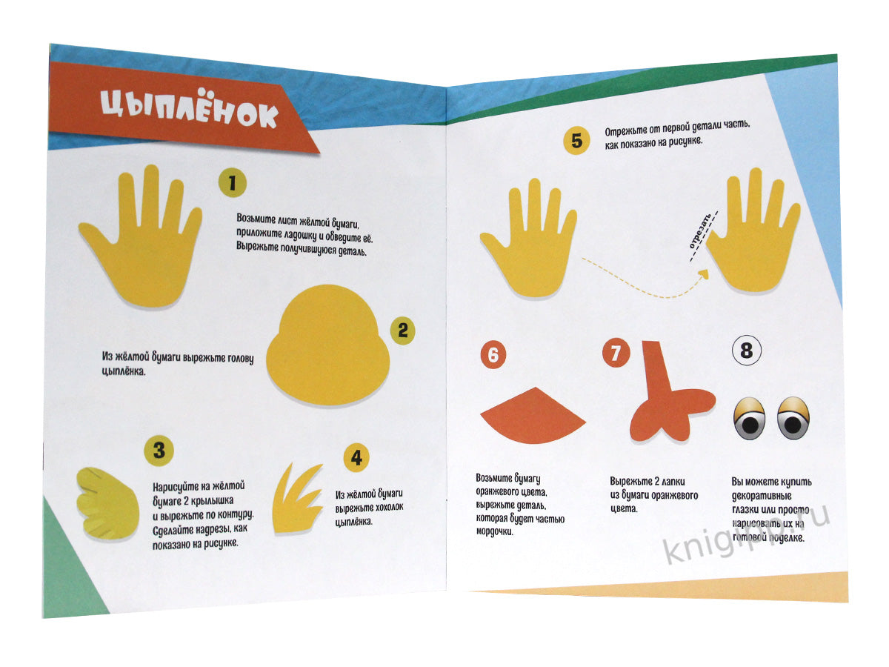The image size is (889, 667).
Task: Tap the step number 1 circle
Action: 232,182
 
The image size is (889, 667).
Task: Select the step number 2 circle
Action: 402,331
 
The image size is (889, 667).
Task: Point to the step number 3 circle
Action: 159,450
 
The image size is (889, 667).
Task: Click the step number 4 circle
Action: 356,457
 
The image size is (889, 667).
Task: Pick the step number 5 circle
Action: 576,141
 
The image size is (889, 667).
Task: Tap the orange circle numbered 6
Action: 493,355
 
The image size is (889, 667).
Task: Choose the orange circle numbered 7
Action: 616,353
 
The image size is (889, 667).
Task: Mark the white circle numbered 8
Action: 747,351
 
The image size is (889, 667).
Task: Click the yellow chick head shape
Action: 327,345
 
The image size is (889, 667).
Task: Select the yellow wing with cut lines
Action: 107,503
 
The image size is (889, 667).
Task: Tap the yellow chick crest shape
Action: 298,499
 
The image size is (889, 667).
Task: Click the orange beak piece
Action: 533,416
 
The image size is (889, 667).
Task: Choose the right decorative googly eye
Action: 793,417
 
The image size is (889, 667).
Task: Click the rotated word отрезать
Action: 700,230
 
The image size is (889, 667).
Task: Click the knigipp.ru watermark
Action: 746,532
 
